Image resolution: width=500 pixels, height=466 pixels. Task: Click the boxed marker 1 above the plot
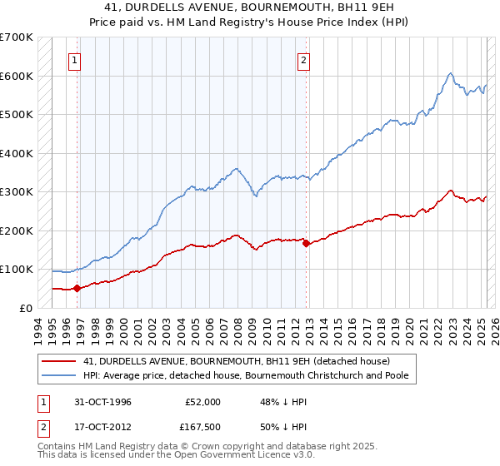point(75,60)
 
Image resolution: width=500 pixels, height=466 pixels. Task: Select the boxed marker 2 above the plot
point(304,60)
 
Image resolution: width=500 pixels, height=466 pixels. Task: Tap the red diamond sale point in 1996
point(77,288)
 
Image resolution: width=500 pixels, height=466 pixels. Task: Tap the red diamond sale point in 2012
point(307,243)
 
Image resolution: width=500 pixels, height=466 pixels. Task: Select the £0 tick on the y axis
point(27,308)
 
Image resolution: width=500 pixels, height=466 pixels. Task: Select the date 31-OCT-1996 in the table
point(102,402)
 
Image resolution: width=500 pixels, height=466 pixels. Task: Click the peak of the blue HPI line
point(450,73)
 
